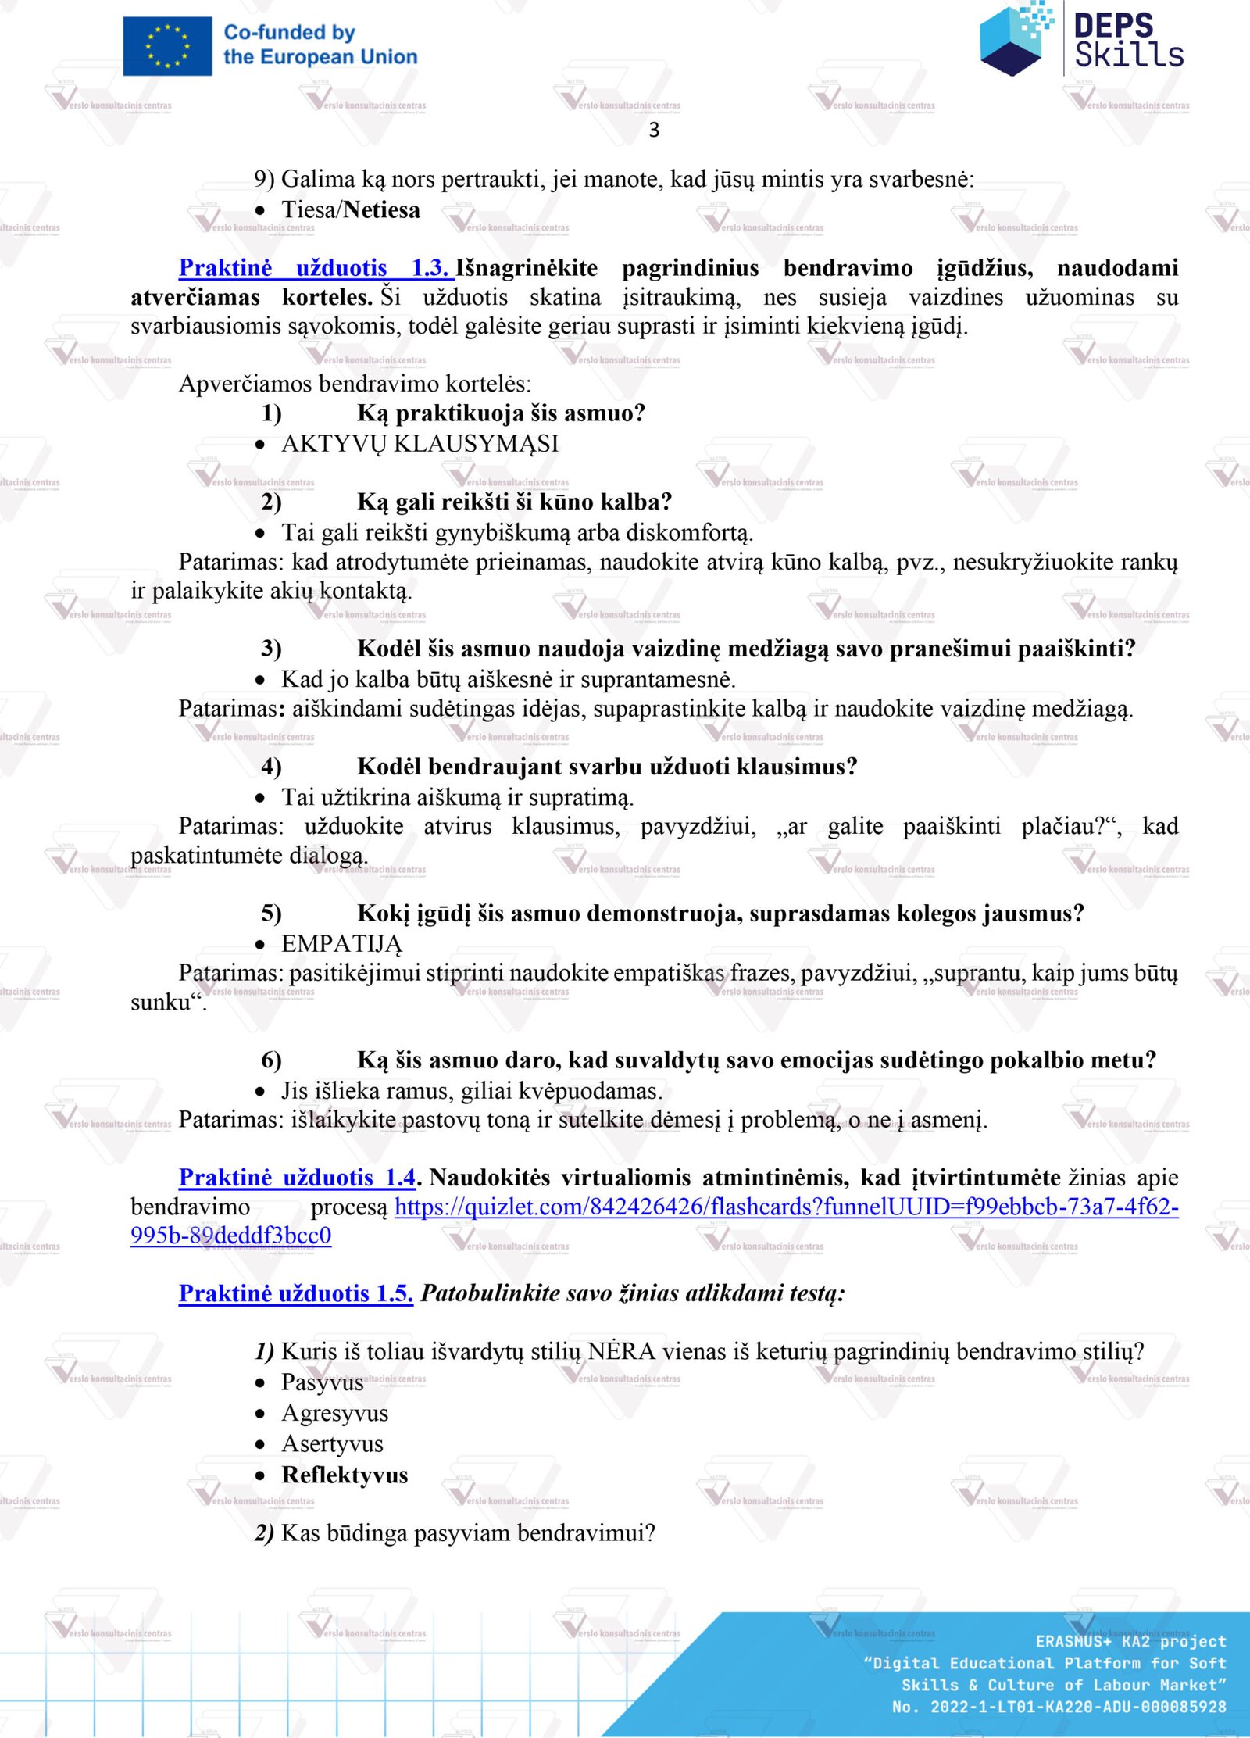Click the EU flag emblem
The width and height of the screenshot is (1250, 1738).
[x=167, y=46]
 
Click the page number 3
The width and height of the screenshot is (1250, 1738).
[x=654, y=131]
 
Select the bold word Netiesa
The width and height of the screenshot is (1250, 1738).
[x=381, y=210]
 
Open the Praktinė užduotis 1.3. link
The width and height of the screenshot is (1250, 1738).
[x=315, y=268]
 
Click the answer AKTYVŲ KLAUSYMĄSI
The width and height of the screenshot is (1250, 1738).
[x=420, y=444]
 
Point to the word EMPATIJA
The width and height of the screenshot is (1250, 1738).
[x=341, y=944]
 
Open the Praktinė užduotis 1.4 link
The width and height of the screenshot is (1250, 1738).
[x=297, y=1178]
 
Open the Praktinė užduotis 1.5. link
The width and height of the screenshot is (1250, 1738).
[x=295, y=1293]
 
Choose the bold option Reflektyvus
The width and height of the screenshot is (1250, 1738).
[x=345, y=1475]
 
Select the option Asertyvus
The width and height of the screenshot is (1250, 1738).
[x=332, y=1444]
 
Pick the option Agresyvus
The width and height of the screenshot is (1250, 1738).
[x=334, y=1414]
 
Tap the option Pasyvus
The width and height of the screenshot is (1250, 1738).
[x=322, y=1382]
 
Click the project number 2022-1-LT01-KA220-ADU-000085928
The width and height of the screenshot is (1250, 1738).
[x=1077, y=1708]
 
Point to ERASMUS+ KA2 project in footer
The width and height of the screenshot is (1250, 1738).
[x=1130, y=1642]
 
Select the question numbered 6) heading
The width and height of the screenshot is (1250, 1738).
[x=755, y=1060]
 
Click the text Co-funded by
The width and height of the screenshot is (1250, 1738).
[x=289, y=33]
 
